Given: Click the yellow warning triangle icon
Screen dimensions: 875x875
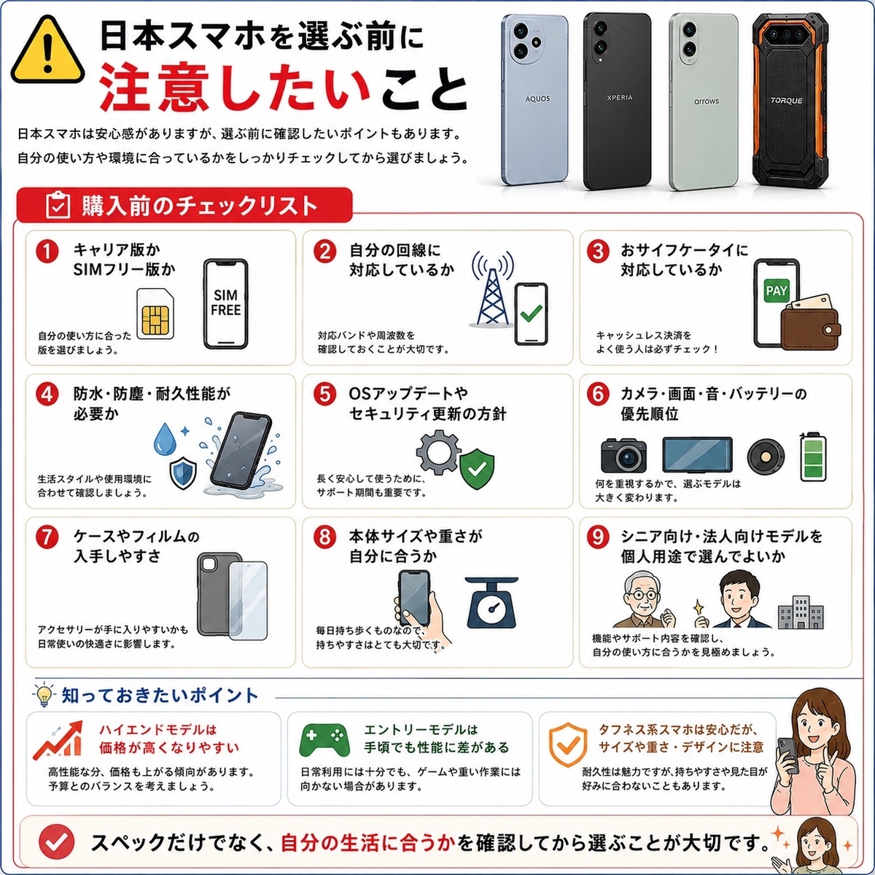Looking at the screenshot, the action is [x=47, y=50].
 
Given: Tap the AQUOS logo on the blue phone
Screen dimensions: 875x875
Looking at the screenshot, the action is [x=537, y=98].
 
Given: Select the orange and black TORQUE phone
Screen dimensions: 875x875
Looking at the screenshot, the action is [x=787, y=100].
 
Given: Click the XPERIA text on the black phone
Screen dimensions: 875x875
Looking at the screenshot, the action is [x=619, y=98].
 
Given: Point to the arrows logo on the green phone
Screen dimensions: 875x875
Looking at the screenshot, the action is [x=707, y=101].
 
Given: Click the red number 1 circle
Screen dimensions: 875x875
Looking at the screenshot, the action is [x=47, y=252].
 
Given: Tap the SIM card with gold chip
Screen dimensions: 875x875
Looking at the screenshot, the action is [x=155, y=314].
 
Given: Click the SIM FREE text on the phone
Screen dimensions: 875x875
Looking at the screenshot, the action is [x=225, y=303].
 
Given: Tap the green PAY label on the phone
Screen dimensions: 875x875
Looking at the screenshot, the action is [x=776, y=291].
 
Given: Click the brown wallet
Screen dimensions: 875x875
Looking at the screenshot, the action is [x=809, y=322].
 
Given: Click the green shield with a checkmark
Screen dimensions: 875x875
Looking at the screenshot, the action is [x=477, y=470].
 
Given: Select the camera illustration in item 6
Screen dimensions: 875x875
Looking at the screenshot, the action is [x=623, y=455].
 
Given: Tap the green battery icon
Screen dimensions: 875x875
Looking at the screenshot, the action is [x=813, y=456].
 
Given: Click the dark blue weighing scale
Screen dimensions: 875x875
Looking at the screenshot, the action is [x=491, y=603].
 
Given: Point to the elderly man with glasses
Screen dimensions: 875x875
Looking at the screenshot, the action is [x=642, y=600].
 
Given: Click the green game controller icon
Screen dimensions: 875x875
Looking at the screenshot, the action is [x=324, y=739].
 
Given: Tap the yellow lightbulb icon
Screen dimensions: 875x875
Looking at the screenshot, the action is [x=44, y=694].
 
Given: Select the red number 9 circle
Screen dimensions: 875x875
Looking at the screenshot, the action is [x=598, y=537].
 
